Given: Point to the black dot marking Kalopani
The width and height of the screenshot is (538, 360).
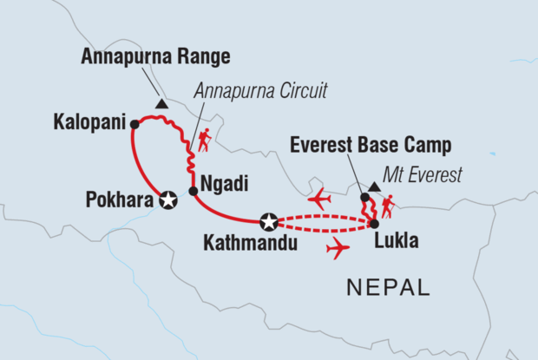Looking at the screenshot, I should (x=134, y=124).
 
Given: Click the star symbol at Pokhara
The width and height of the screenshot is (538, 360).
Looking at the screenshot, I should (x=168, y=200).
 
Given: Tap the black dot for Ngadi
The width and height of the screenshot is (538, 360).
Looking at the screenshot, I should (x=193, y=191).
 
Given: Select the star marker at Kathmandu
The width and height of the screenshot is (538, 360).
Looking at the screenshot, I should (x=269, y=222).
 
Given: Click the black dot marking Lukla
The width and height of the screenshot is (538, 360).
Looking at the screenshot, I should (x=373, y=224).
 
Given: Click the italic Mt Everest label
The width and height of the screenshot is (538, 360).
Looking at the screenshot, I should (x=424, y=176).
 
